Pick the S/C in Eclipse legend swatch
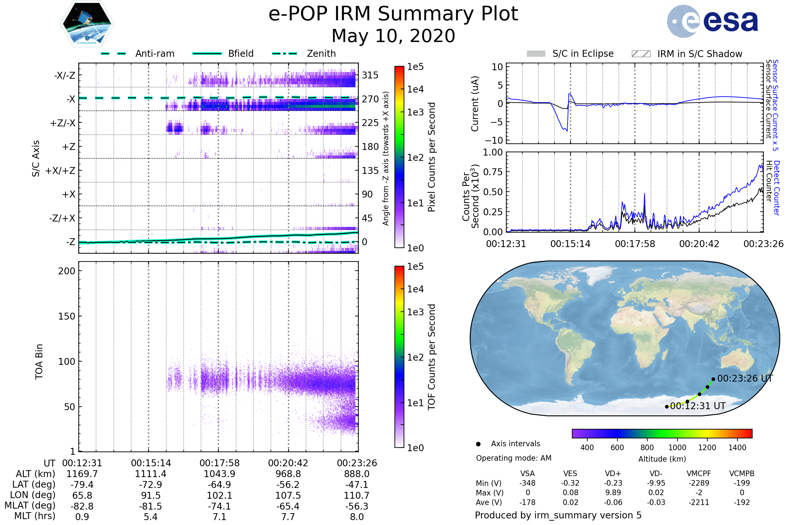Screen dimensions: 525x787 point(536,54)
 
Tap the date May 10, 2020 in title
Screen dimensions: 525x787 point(393,36)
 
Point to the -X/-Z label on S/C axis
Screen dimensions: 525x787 point(65,75)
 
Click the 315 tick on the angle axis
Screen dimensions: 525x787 point(370,75)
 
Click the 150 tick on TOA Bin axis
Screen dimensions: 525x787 point(67,316)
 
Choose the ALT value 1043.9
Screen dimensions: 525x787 point(219,474)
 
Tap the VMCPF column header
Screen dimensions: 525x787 point(699,474)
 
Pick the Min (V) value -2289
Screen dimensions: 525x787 point(699,483)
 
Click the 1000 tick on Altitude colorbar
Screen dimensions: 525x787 point(677,448)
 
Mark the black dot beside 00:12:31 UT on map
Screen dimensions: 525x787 point(667,407)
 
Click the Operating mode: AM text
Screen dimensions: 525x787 point(514,458)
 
